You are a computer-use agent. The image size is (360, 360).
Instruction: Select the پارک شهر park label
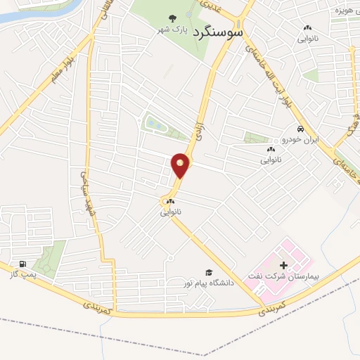point(174,31)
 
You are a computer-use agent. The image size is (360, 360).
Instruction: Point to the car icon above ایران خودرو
point(300,129)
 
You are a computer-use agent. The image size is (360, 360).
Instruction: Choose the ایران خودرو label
point(300,140)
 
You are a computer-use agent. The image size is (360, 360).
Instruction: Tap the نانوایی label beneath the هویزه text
point(309,39)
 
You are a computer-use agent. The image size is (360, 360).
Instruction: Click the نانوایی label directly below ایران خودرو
point(271,160)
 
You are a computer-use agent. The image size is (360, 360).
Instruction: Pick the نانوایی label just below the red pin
point(171,212)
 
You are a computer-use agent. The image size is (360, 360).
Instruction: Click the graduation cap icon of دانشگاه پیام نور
point(208,272)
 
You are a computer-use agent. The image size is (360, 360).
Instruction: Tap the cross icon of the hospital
point(284,265)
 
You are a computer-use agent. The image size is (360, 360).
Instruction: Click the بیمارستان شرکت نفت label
point(284,278)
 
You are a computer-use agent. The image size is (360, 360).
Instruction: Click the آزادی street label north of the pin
point(198,128)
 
